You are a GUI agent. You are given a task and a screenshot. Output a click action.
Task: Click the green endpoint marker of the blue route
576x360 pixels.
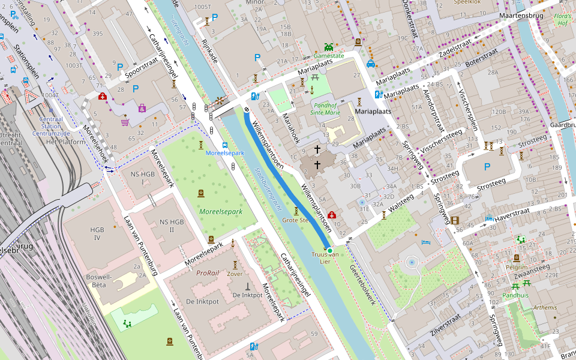point(329,250)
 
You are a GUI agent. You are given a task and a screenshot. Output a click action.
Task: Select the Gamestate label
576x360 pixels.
point(329,56)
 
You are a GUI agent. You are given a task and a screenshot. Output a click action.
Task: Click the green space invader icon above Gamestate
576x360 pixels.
point(328,46)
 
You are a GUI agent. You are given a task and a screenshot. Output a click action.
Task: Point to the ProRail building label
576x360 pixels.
point(208,272)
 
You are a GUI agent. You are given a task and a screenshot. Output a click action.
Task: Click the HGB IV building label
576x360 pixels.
point(97,234)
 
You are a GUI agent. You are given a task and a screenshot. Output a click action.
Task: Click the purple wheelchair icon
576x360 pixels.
point(142,108)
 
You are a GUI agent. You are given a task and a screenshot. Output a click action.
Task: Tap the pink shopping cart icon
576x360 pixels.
point(125,122)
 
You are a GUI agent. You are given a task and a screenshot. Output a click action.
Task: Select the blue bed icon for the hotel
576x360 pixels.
point(426,242)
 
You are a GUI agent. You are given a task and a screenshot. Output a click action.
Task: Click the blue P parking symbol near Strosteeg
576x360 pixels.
point(487,167)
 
